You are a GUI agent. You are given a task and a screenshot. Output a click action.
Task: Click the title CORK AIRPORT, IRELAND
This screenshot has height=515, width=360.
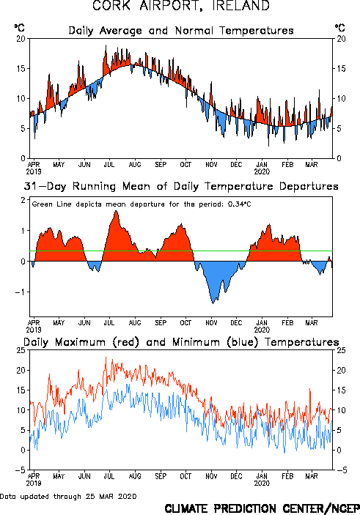pos(181,5)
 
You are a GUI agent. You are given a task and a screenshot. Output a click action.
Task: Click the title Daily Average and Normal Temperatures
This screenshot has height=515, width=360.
pos(181,31)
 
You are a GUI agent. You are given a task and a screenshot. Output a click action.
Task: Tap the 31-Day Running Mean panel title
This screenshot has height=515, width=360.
pos(181,186)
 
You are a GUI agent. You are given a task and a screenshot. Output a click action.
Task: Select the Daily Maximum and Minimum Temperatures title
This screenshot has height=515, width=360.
pos(181,342)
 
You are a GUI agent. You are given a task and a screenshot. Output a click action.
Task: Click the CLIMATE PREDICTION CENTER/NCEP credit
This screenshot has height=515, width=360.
pos(262,508)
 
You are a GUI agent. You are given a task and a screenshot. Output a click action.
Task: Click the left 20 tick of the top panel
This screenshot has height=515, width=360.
pos(21,39)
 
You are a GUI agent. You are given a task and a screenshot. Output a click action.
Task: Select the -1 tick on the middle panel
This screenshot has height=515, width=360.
pos(20,292)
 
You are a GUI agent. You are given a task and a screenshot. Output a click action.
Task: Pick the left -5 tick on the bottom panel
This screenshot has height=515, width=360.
pos(20,470)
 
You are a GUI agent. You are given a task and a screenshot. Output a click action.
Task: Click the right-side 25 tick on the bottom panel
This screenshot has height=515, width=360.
pos(341,350)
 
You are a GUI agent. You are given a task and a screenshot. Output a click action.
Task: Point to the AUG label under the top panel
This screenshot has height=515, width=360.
pos(135,165)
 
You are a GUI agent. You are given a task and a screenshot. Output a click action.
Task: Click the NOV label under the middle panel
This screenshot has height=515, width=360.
pos(211,323)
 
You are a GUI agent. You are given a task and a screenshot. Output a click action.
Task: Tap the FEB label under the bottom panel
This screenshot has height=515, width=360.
pos(287,476)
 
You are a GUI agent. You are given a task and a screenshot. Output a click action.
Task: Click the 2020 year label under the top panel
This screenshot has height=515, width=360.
pos(262,171)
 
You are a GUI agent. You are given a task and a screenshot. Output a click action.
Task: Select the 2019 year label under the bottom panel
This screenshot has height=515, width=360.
pos(34,483)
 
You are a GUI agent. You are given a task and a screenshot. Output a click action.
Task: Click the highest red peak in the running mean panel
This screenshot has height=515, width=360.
pos(116,211)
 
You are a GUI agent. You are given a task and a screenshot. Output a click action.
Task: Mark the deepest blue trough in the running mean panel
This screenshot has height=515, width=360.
pos(213,303)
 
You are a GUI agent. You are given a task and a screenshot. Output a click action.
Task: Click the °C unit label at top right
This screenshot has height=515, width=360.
pos(339,28)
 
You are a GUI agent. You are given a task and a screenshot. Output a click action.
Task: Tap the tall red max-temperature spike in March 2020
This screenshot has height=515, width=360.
pos(309,390)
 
